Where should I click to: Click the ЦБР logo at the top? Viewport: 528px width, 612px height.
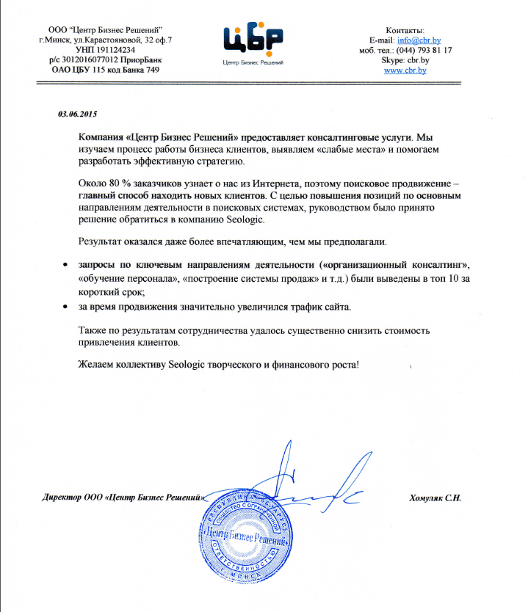253,40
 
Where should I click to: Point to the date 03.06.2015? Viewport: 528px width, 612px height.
77,114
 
